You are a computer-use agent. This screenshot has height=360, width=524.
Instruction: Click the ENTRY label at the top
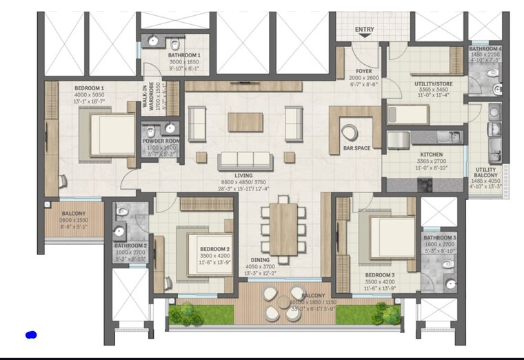364,30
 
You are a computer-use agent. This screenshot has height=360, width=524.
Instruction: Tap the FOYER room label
364,70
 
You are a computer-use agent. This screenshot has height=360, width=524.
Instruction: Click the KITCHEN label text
432,154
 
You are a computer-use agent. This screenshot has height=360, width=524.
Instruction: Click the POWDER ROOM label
161,141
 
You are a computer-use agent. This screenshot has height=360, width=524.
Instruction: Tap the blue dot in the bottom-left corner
30,335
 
